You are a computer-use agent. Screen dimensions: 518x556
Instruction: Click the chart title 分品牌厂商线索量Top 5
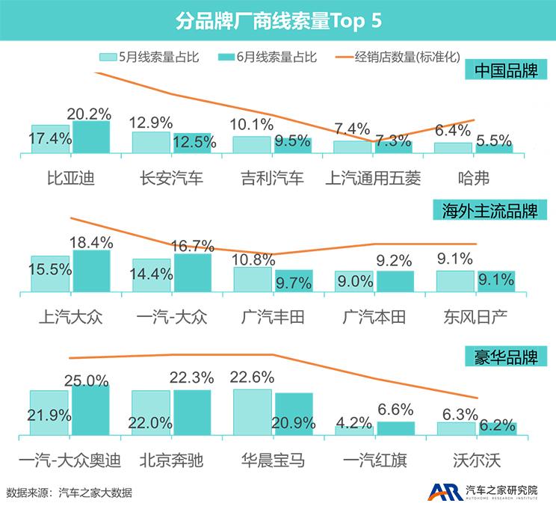[x=278, y=20]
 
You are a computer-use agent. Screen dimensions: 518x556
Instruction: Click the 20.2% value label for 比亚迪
[x=89, y=114]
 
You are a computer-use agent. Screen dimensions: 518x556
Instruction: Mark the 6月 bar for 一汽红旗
[x=396, y=428]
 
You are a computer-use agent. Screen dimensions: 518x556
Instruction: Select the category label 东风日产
[x=475, y=317]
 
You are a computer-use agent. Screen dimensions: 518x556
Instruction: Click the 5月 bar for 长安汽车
[x=151, y=143]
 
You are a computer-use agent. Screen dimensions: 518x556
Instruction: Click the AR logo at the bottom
[x=443, y=493]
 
